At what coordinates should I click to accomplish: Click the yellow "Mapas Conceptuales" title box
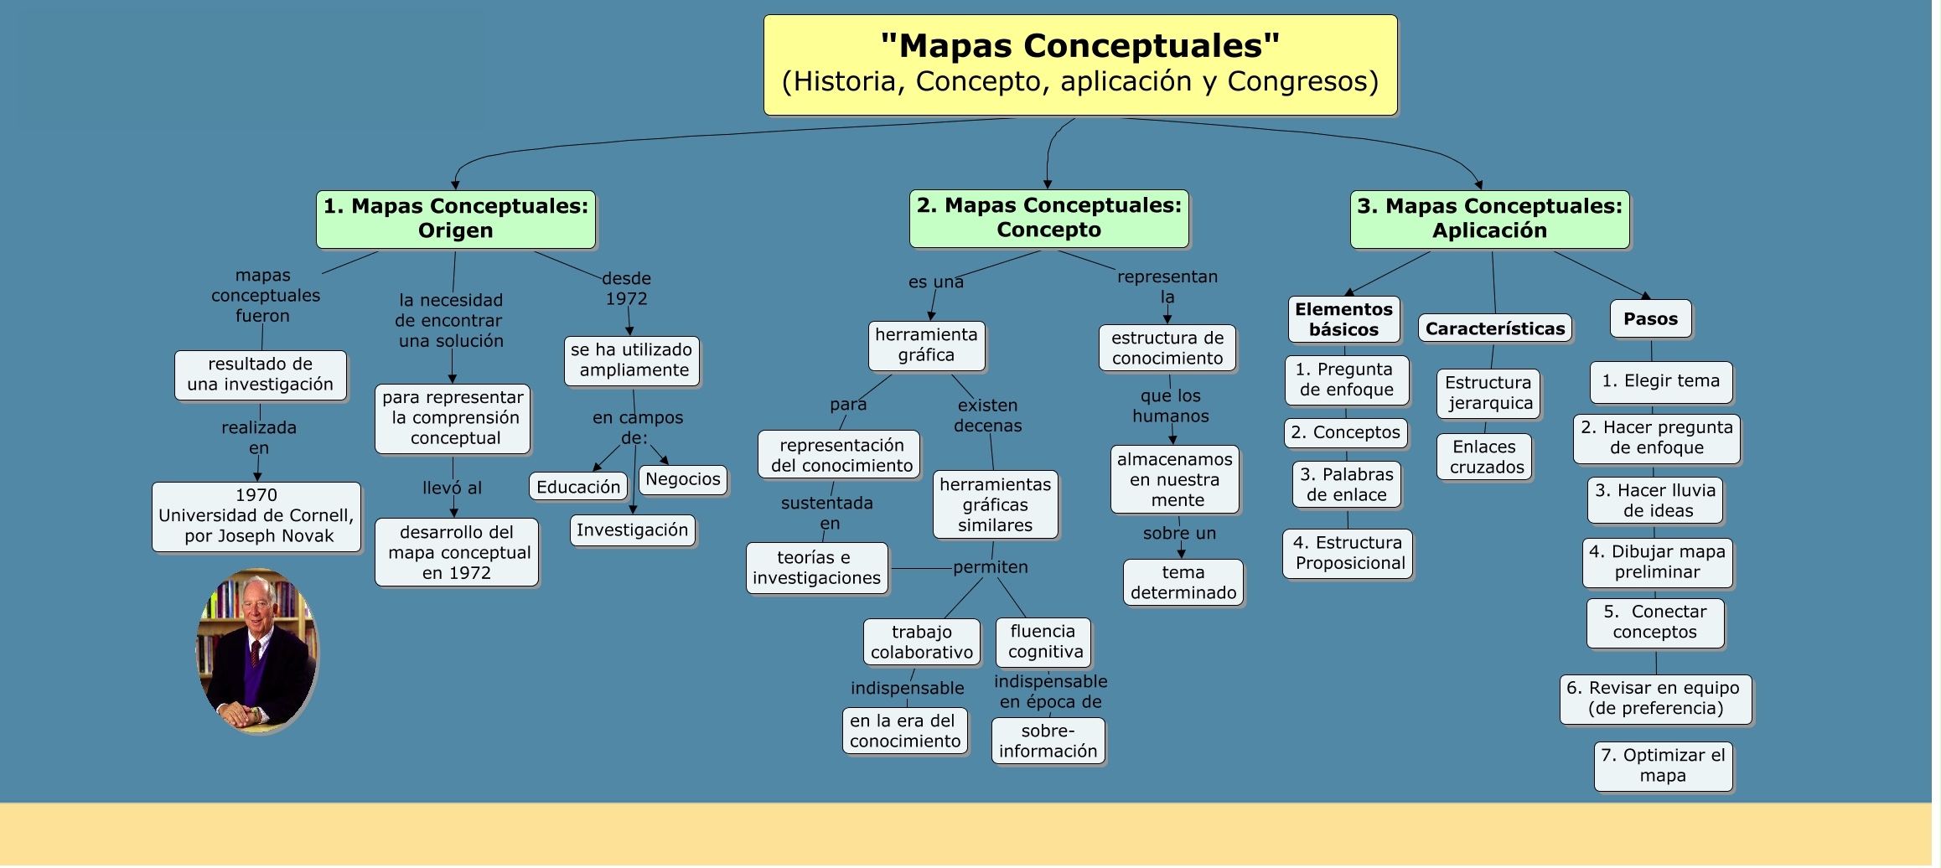(x=1079, y=65)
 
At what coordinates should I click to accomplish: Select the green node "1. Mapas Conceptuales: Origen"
(x=456, y=219)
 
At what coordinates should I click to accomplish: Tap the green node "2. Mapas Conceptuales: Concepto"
(x=1048, y=218)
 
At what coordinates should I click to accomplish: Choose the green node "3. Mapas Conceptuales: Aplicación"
(x=1489, y=219)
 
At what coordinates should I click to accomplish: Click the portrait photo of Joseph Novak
(x=256, y=649)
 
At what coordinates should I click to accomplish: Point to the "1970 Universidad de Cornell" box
(x=256, y=516)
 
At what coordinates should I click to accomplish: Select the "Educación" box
(x=578, y=487)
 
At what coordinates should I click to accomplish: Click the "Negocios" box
(x=682, y=479)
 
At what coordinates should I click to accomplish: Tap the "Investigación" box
(x=632, y=530)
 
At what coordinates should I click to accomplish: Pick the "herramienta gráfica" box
(x=926, y=345)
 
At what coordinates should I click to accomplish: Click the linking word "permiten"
(x=990, y=567)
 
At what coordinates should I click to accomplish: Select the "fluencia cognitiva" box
(x=1044, y=642)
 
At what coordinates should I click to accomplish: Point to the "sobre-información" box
(x=1048, y=741)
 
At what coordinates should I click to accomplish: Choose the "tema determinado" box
(x=1183, y=582)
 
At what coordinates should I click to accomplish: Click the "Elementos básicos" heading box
(x=1343, y=319)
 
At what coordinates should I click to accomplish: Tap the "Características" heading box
(x=1495, y=328)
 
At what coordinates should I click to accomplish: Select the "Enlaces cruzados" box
(x=1486, y=457)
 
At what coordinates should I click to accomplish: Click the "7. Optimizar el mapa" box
(x=1663, y=766)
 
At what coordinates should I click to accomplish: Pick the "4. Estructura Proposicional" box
(x=1348, y=553)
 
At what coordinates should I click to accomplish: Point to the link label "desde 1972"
(x=626, y=288)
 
